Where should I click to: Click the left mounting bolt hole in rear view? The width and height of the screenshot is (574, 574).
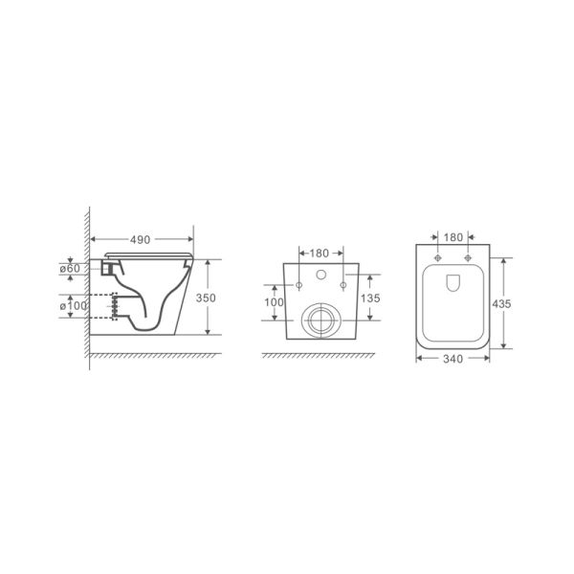tap(298, 287)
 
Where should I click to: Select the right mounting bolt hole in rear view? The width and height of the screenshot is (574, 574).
tap(342, 287)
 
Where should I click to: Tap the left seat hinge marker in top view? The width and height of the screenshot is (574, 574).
tap(438, 259)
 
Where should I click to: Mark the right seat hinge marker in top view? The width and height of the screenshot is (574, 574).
tap(468, 259)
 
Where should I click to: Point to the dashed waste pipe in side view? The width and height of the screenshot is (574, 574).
tap(116, 306)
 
